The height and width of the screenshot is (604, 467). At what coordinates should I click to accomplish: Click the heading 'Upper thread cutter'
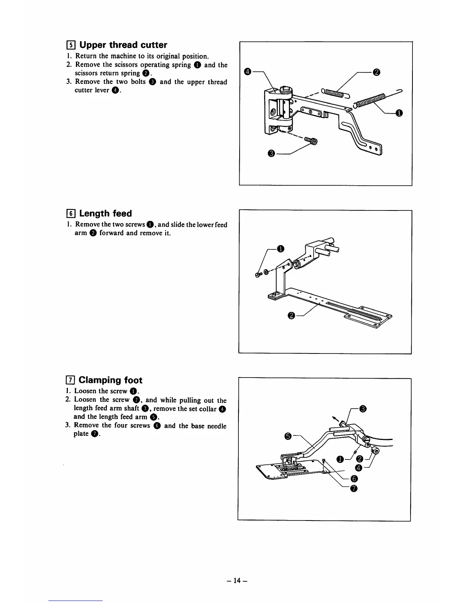123,45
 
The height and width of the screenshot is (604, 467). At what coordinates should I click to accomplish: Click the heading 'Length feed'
105,214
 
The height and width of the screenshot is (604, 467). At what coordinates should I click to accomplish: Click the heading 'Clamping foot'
110,380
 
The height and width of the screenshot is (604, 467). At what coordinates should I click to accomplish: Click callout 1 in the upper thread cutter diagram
399,113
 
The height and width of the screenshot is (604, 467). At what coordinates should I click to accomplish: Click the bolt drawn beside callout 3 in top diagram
311,142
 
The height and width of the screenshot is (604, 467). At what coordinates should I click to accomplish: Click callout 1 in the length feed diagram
281,249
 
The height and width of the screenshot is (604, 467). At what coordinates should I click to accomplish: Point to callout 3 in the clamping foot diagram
363,409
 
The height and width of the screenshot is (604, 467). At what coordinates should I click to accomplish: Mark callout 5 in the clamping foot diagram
288,436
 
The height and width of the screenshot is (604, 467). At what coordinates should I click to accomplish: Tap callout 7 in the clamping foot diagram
354,488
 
